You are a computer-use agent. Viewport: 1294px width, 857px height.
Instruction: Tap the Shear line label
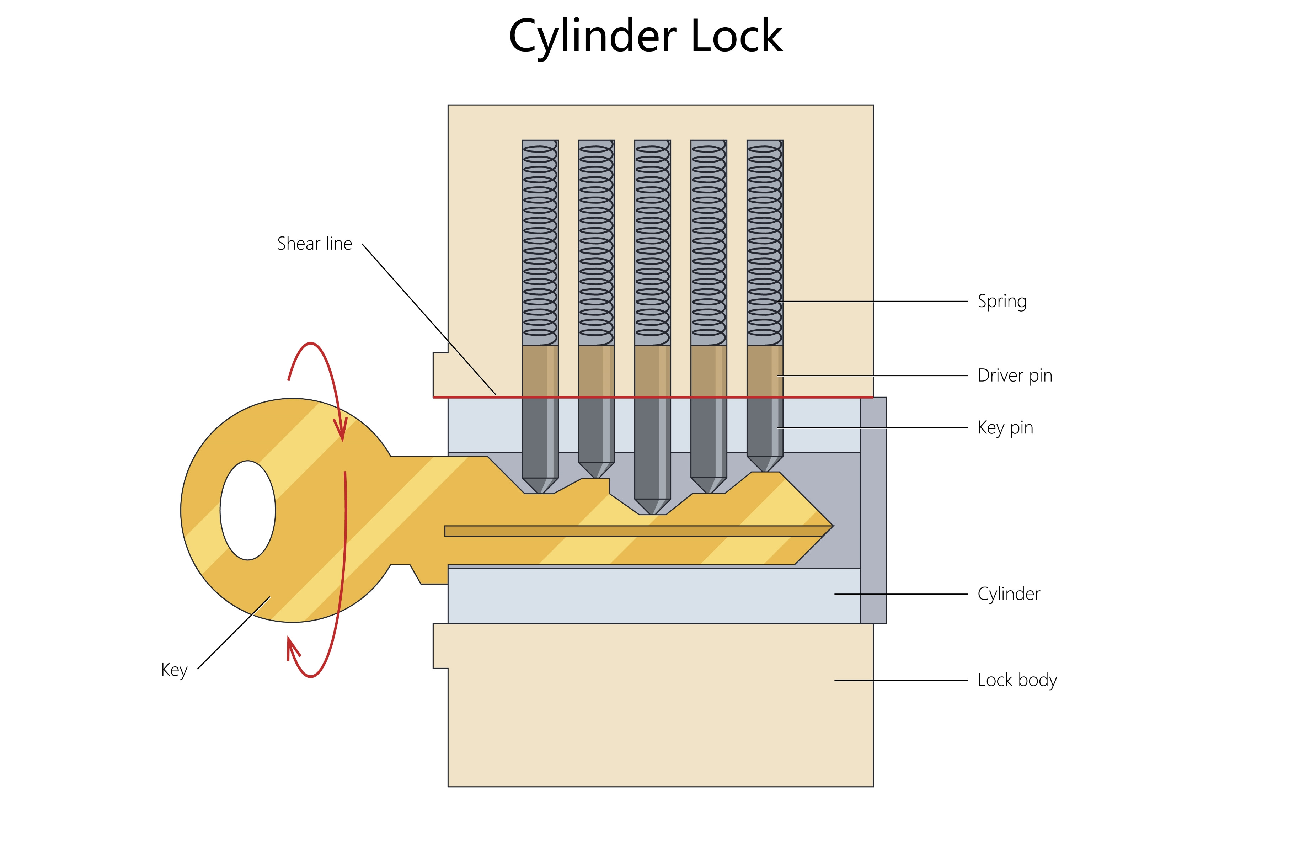click(315, 244)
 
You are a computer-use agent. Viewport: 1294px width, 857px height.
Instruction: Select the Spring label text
click(1002, 302)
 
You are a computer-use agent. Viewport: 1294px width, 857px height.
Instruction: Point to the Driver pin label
click(1014, 376)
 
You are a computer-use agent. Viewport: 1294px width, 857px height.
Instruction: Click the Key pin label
click(1005, 428)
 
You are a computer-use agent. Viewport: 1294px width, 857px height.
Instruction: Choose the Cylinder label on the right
click(1008, 594)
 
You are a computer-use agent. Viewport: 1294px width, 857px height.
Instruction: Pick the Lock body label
click(1017, 681)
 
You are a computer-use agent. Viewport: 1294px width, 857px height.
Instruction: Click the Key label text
click(174, 670)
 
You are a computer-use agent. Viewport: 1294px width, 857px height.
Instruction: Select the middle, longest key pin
click(652, 448)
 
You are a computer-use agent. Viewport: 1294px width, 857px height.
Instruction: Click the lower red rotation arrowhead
click(292, 648)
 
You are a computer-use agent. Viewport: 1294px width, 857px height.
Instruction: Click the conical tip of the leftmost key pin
click(540, 485)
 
